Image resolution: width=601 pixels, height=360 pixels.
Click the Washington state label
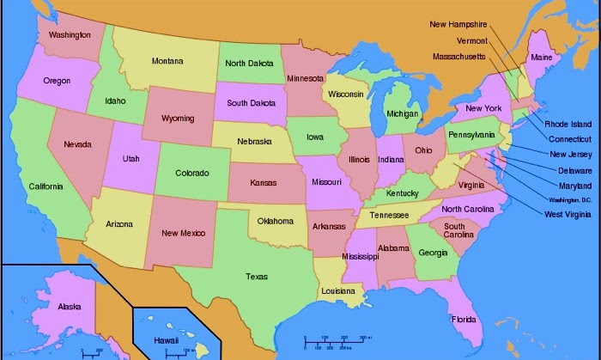70,35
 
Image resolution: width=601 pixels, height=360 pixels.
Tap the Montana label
167,61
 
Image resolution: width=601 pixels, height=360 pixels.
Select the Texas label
256,277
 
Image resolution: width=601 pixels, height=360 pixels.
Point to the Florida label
464,320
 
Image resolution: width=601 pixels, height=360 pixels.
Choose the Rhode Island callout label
568,125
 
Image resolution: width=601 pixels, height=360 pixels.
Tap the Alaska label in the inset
70,306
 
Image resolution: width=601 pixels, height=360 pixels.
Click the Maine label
542,58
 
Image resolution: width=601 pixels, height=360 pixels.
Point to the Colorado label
191,173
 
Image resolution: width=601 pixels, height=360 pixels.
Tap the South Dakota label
250,103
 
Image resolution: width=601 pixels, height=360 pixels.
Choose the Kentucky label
403,193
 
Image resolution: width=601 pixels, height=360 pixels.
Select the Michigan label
402,113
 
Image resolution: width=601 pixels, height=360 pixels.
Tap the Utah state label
131,159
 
